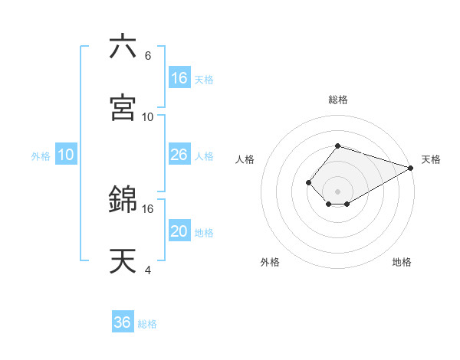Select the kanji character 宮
coord(123,107)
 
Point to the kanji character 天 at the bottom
coord(123,260)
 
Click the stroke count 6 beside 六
coord(147,56)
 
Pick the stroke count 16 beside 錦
coord(148,208)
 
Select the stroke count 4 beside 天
coord(147,270)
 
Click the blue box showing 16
coord(179,78)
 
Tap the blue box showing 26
coord(179,155)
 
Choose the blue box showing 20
coord(179,231)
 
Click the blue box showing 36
coord(123,322)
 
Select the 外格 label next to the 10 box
coord(41,156)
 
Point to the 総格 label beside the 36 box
coord(147,324)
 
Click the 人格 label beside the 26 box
coord(204,156)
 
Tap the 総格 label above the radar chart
coord(337,100)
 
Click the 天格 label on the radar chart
coord(431,159)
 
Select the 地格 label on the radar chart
coord(402,262)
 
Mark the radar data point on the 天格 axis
coord(411,168)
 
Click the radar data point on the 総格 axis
coord(337,146)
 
